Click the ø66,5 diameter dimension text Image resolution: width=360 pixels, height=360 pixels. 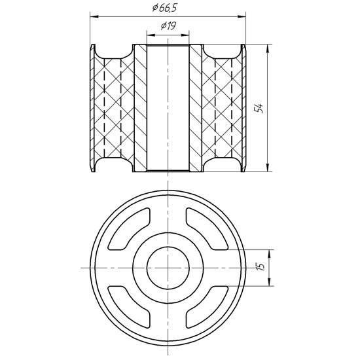click(164, 8)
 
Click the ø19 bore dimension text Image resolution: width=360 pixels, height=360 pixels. click(168, 26)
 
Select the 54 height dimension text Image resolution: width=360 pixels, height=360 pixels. click(259, 108)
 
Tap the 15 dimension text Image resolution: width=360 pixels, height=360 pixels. click(261, 266)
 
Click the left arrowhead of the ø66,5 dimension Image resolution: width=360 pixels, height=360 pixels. click(94, 16)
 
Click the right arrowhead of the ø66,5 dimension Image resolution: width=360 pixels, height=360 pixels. click(242, 16)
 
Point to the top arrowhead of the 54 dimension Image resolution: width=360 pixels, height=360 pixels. click(268, 48)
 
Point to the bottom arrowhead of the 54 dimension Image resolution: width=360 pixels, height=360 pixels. click(268, 167)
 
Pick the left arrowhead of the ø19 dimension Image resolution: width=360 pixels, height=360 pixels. click(151, 35)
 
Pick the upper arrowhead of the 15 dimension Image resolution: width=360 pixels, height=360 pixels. click(269, 254)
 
